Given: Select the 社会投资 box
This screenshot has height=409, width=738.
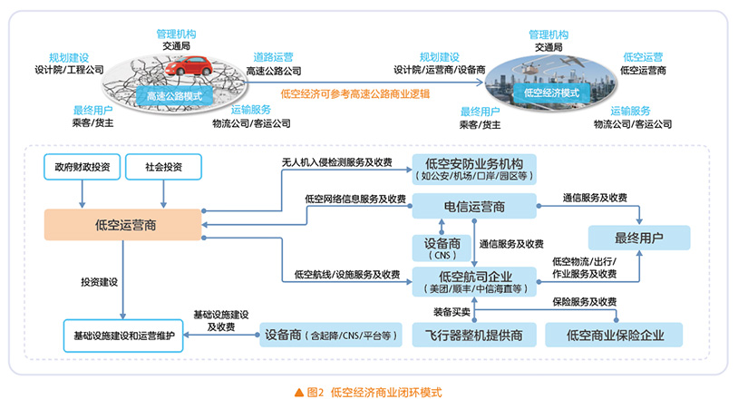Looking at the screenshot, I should pyautogui.click(x=163, y=168).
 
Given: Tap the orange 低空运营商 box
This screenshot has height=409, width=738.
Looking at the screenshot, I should pyautogui.click(x=123, y=225).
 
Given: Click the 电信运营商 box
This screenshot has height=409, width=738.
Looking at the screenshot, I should pyautogui.click(x=474, y=207).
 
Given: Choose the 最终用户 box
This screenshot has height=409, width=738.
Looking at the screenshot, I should pyautogui.click(x=638, y=239).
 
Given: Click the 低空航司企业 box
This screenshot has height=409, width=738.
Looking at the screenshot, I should pyautogui.click(x=474, y=281).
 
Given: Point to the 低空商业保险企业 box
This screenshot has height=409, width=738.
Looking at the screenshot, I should pyautogui.click(x=615, y=336).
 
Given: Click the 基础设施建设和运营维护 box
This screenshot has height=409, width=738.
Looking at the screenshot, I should pyautogui.click(x=124, y=335).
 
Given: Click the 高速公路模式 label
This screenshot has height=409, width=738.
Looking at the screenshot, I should pyautogui.click(x=174, y=94).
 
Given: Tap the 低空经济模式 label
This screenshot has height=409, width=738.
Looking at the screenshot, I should pyautogui.click(x=551, y=92).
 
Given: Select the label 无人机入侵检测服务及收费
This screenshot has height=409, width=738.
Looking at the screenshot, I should pyautogui.click(x=337, y=162).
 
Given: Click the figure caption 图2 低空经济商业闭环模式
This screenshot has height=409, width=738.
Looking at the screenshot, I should pyautogui.click(x=368, y=393).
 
